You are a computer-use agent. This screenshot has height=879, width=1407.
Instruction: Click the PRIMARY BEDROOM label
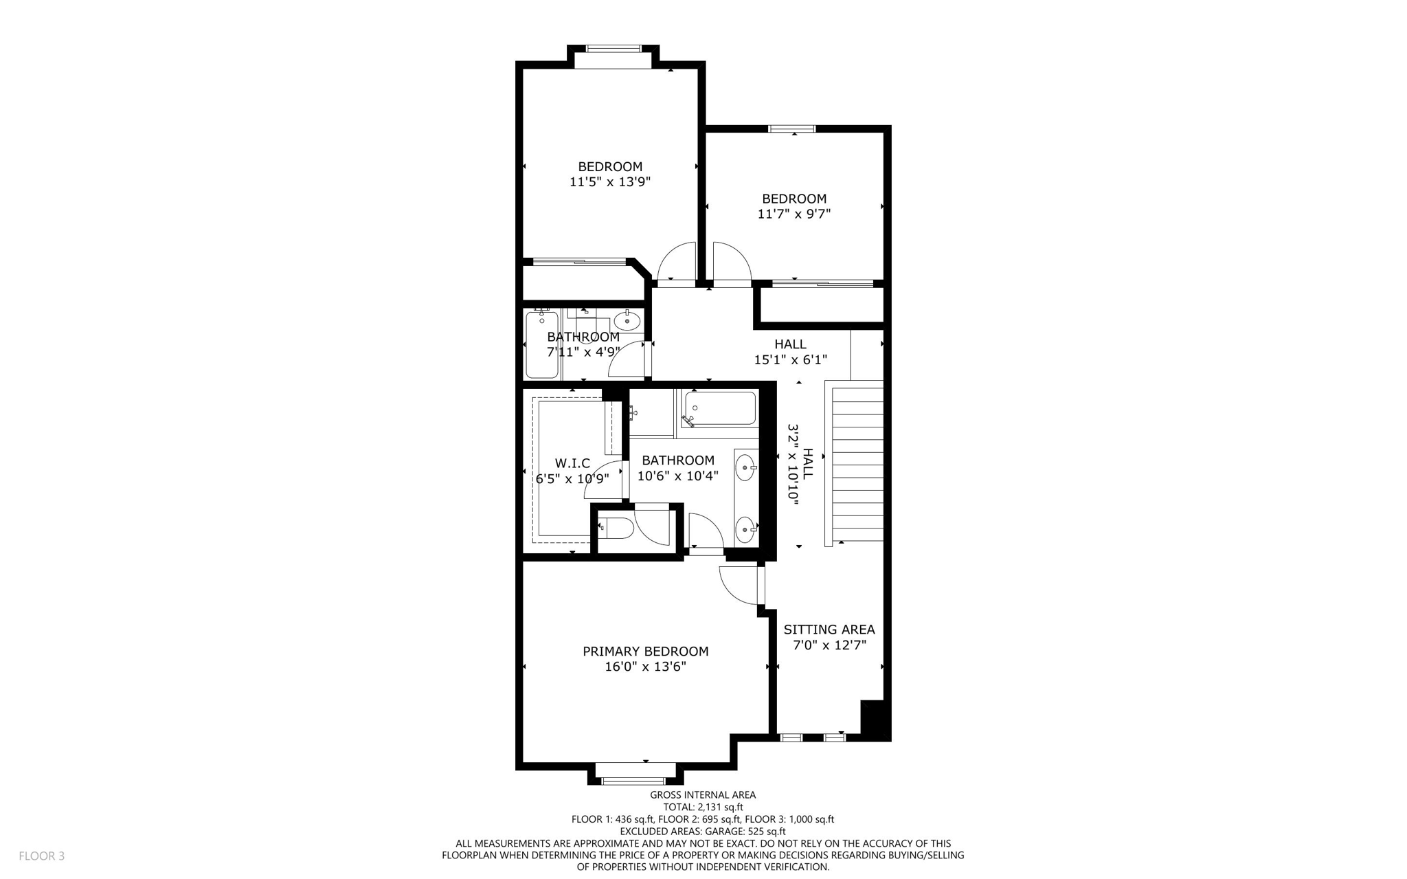(x=645, y=651)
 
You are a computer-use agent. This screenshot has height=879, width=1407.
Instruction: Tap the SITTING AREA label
(x=829, y=630)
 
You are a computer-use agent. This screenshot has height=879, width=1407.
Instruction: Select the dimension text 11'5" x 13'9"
(x=610, y=182)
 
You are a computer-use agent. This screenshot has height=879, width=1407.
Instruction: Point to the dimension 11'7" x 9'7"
(x=794, y=214)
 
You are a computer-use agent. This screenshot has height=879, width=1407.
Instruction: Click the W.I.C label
(x=572, y=464)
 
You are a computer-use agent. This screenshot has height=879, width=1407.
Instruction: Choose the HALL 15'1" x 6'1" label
(x=790, y=351)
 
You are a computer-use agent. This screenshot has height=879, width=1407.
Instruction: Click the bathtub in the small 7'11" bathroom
(x=541, y=345)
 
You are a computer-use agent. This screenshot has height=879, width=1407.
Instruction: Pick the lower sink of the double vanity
(x=745, y=530)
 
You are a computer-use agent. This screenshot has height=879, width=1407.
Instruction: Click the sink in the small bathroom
(x=627, y=320)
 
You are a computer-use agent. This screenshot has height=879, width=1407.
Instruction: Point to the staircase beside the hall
(x=857, y=465)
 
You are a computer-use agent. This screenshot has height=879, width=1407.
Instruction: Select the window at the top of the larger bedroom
(x=613, y=49)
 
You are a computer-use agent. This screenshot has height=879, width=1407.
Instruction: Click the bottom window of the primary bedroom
(x=633, y=781)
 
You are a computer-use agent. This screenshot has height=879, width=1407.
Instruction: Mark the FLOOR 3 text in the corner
(x=42, y=856)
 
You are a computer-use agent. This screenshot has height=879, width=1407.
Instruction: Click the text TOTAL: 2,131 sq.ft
(x=703, y=808)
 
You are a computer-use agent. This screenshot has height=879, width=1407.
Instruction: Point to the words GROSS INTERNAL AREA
(x=703, y=795)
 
